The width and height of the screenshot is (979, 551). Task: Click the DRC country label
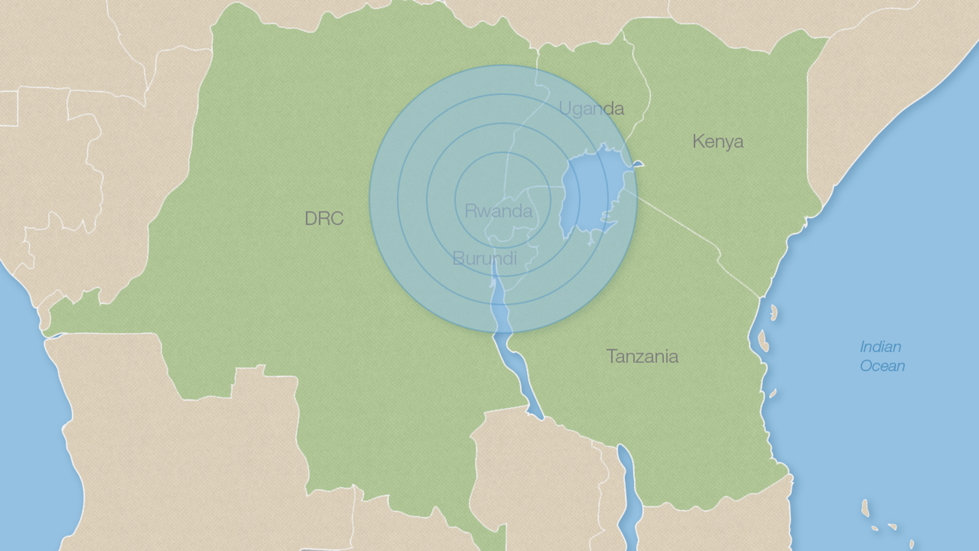point(324,219)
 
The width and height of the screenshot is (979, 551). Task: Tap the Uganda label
point(591,108)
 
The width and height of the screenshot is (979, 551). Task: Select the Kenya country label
point(717,142)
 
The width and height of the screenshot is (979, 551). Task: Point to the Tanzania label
point(642,356)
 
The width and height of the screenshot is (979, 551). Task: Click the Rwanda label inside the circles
point(498,211)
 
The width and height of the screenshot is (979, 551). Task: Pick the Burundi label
point(484,258)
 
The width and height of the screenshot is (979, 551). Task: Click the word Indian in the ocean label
point(880,347)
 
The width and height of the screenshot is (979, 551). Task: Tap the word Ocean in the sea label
point(882,366)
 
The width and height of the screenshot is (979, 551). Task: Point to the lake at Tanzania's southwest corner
point(628,486)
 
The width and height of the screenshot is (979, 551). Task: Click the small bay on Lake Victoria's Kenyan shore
point(637,164)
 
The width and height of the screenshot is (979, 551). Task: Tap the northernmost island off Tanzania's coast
point(773,312)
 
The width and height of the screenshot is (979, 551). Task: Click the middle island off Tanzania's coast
point(763,341)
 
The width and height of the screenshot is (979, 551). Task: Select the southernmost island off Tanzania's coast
point(772,393)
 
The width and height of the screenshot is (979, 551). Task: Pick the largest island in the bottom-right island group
point(865,508)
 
